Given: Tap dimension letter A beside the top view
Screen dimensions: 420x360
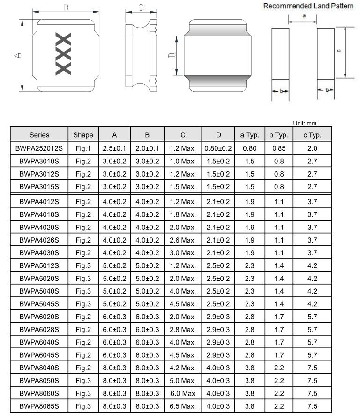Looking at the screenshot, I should [x=17, y=56].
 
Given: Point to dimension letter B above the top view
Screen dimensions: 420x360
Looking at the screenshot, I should [x=66, y=7].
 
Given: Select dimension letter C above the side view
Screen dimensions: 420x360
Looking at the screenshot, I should [x=141, y=7].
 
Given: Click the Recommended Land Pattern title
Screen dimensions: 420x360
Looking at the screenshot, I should [x=308, y=6].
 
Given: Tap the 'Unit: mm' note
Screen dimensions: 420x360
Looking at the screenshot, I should [x=305, y=123].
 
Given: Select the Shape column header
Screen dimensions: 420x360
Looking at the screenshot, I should [x=83, y=135].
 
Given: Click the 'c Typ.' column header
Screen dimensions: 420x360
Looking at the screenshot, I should [x=312, y=135].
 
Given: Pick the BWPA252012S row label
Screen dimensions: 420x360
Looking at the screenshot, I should [x=39, y=148].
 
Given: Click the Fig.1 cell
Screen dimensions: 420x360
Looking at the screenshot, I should [x=83, y=148].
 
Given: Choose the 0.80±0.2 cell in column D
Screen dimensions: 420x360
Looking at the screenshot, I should [x=218, y=148].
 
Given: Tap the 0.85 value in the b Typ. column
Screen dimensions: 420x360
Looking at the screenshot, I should [x=279, y=148].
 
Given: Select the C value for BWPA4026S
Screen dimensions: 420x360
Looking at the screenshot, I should [x=183, y=240].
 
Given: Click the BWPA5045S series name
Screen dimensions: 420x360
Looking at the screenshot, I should [x=39, y=304].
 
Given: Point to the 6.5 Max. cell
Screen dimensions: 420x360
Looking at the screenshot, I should [x=183, y=406].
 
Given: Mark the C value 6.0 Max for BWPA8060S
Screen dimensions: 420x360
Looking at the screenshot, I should [x=183, y=393].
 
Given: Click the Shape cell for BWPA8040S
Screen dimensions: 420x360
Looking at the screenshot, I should [x=83, y=368].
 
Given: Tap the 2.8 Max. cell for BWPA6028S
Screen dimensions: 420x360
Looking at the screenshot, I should [x=183, y=330].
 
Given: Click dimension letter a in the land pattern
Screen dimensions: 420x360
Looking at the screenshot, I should [x=305, y=15].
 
